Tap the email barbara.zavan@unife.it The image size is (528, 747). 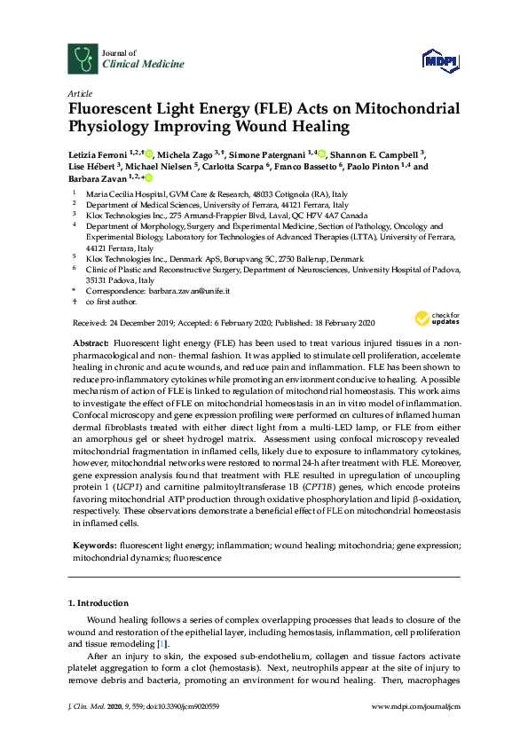point(182,290)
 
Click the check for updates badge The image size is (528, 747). point(430,319)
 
